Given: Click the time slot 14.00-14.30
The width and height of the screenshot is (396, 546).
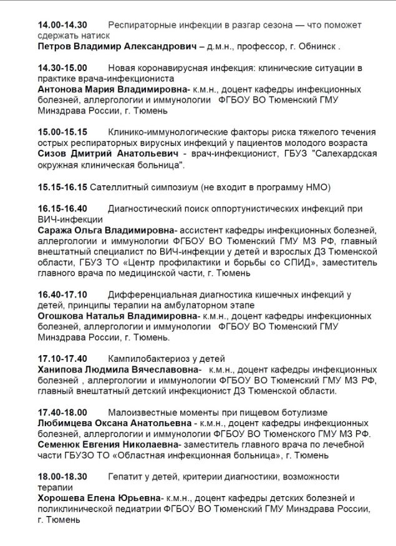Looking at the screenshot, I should coord(62,26).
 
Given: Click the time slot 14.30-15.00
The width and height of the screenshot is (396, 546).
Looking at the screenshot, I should coord(62,68).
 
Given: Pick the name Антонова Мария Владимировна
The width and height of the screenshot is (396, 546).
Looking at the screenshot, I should coord(114,89).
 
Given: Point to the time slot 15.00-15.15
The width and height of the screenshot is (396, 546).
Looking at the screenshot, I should coord(62,132).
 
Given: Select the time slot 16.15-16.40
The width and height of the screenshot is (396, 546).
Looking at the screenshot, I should coord(62,208).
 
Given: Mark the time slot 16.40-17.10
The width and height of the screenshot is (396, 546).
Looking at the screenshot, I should coord(62,294).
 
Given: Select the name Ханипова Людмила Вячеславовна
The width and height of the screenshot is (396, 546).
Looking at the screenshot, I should coord(119,369).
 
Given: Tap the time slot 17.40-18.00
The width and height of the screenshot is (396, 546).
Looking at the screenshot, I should coord(62,412).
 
